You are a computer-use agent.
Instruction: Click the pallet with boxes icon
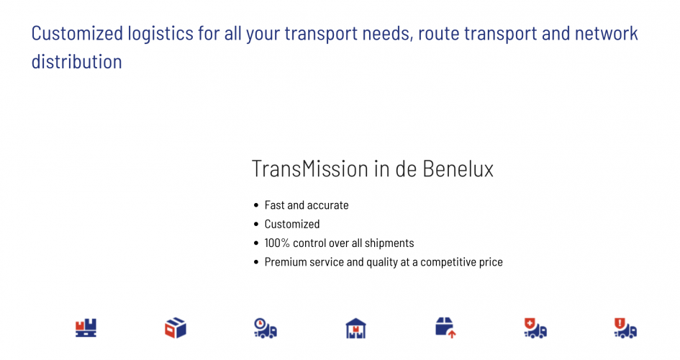(86, 328)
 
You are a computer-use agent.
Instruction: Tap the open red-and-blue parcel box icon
(176, 328)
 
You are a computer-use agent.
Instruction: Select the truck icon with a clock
(266, 328)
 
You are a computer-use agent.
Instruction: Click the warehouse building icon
(355, 328)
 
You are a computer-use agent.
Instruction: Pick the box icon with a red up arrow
(445, 328)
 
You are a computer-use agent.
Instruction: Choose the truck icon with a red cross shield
(535, 328)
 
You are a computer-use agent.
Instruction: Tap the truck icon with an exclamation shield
(625, 328)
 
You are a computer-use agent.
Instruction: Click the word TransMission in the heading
(310, 168)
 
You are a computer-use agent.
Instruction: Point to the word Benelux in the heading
(458, 168)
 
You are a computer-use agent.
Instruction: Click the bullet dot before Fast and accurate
(256, 205)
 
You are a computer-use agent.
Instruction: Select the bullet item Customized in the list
(292, 224)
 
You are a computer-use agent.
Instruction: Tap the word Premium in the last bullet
(285, 262)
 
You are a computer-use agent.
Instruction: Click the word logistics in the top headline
(162, 34)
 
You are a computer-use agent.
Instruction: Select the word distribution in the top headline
(76, 61)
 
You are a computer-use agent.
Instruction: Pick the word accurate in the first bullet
(328, 205)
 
